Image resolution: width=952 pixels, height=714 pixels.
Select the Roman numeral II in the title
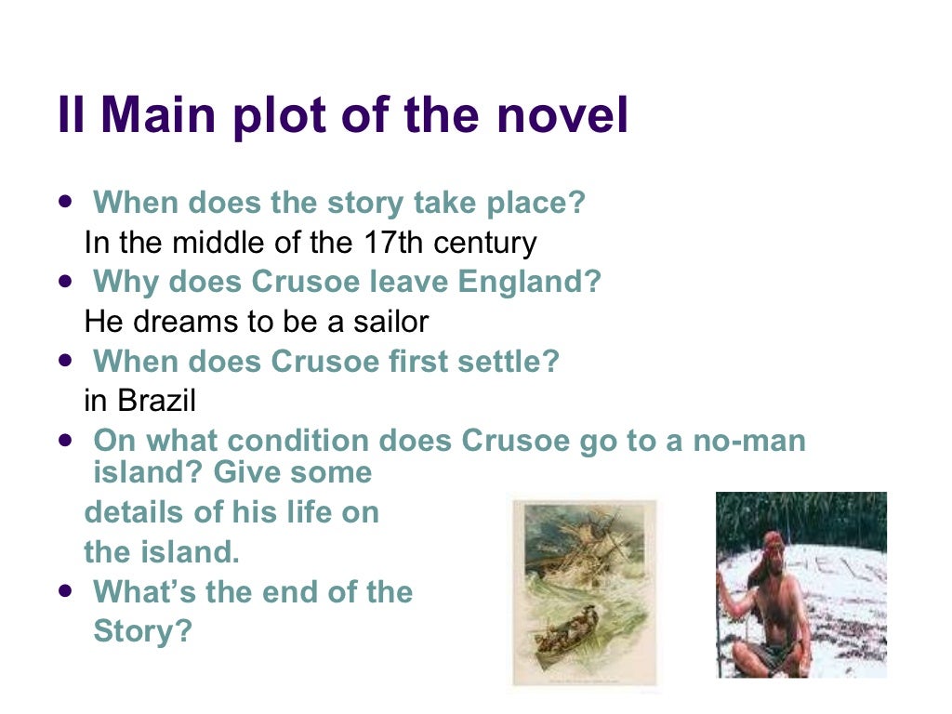pos(73,116)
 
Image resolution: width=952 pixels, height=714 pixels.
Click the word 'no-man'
pos(749,441)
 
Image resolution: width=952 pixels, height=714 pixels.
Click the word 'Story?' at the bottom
pos(142,631)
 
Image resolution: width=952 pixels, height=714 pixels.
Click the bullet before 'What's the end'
pos(64,590)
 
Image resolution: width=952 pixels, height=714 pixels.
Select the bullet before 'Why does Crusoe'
pos(64,280)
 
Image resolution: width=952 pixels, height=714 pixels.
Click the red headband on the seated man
pos(773,538)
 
